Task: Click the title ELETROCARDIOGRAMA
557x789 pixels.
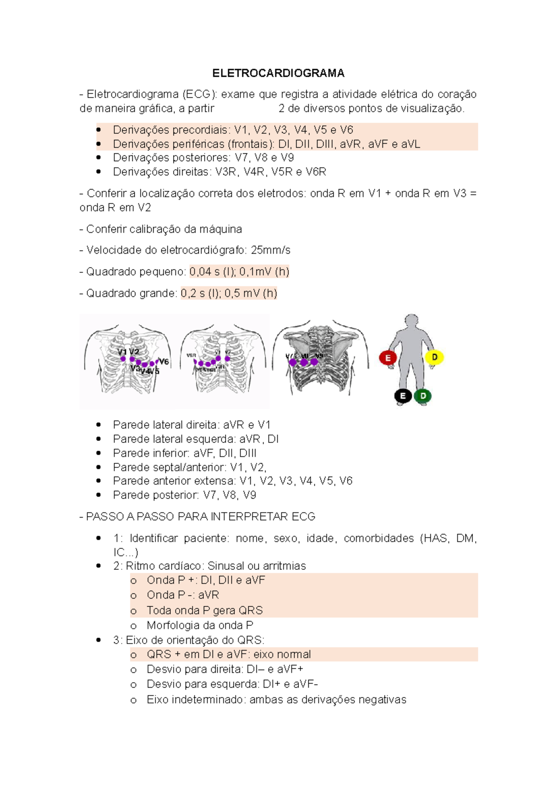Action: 278,73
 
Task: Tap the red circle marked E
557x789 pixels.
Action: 388,358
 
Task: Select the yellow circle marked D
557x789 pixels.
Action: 434,357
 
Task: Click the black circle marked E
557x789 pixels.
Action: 402,396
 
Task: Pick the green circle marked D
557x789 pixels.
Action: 423,396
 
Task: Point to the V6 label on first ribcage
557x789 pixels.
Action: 164,362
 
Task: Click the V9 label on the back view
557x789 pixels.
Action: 319,356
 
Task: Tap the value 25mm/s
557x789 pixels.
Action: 271,250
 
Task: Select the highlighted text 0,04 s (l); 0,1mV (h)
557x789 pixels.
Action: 239,271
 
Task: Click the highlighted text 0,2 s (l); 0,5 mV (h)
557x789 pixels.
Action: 229,293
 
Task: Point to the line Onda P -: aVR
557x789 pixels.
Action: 182,595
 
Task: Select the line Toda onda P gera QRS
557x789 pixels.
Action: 205,610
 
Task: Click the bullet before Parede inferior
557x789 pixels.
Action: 98,453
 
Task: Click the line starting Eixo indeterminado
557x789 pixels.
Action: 276,699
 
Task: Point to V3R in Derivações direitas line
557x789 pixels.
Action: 226,172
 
